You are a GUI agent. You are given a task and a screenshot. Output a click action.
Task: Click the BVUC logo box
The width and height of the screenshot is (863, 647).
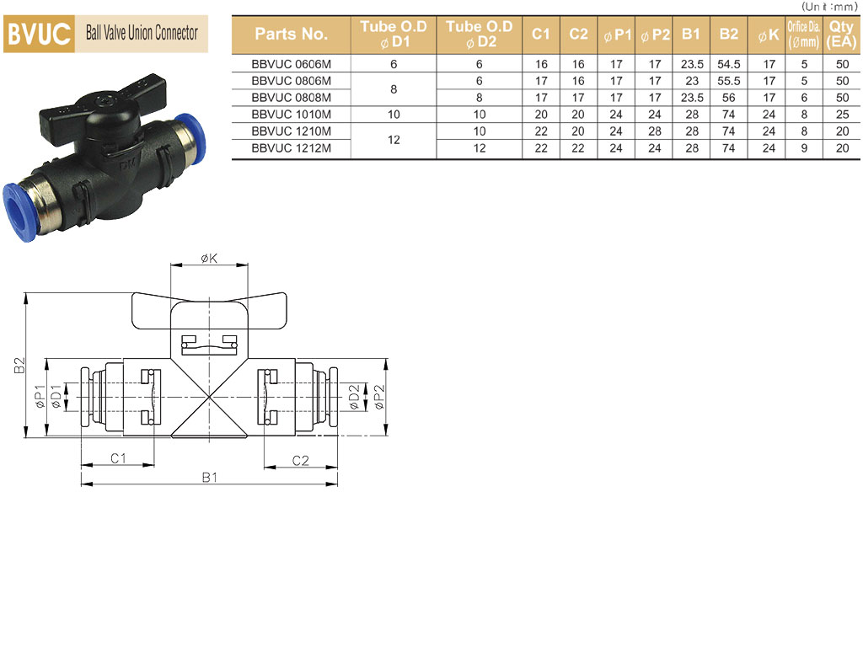[x=39, y=34]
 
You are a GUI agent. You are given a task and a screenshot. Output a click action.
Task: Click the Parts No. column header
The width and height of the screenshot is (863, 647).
[x=291, y=34]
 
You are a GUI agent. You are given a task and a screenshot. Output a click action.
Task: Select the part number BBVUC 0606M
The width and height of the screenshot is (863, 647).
[x=291, y=64]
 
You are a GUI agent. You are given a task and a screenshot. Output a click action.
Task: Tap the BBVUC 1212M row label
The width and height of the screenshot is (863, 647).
[x=291, y=148]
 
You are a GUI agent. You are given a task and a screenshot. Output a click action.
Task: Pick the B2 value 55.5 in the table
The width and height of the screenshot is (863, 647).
[x=729, y=81]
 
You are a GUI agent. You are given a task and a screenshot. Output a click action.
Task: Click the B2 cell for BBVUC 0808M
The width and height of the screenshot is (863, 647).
[x=729, y=98]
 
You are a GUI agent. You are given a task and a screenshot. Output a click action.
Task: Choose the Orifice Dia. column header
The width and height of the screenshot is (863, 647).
[x=803, y=34]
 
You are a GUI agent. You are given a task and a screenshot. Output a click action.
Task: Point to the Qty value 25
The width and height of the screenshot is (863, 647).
[x=842, y=115]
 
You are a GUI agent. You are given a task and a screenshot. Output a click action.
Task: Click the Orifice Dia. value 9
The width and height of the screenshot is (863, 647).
[x=804, y=148]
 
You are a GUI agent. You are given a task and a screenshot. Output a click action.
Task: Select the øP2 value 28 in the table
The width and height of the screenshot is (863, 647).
[x=654, y=131]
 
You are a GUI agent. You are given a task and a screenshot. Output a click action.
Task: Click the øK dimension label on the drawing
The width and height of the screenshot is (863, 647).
[x=209, y=258]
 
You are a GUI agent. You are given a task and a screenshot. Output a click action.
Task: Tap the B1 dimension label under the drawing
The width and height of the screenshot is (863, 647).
[x=209, y=477]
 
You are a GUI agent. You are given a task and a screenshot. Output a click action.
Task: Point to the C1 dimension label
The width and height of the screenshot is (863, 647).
[x=118, y=458]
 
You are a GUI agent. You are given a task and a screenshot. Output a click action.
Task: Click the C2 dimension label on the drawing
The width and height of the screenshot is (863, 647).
[x=301, y=461]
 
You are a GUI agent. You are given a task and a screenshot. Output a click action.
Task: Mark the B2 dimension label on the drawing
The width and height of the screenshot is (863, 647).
[x=20, y=366]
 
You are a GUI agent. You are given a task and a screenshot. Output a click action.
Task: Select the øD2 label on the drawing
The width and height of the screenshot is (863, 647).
[x=354, y=397]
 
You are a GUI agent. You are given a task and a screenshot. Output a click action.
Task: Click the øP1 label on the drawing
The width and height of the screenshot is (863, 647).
[x=40, y=396]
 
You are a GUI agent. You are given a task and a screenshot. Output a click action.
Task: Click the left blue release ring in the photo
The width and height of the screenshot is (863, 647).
[x=18, y=212]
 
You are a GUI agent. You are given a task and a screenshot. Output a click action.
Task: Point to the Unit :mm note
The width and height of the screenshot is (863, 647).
[x=829, y=7]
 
